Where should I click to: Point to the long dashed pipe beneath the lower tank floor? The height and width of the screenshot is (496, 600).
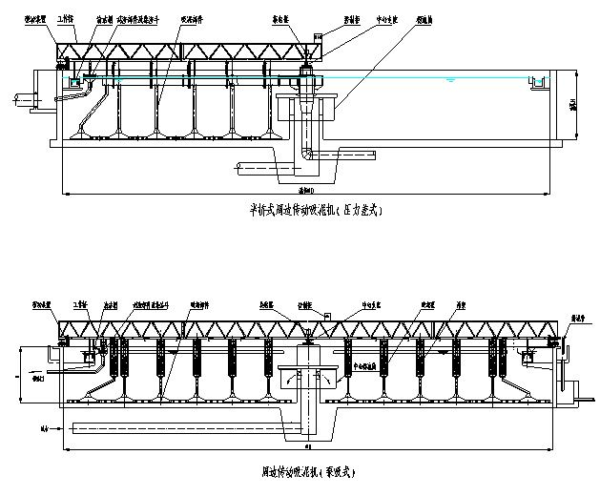(172, 424)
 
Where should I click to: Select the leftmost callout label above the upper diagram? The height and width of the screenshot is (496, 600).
(36, 18)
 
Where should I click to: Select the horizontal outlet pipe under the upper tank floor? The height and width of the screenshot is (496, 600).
(262, 169)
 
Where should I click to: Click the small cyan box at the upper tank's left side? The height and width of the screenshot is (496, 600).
(72, 83)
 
